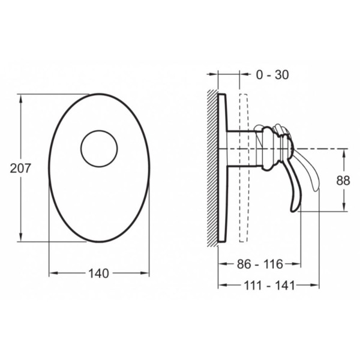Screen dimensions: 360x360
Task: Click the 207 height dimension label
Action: [x=20, y=168]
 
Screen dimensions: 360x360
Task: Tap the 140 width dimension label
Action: [x=99, y=274]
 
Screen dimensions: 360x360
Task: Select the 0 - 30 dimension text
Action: [x=272, y=74]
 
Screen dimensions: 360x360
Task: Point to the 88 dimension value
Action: [x=343, y=180]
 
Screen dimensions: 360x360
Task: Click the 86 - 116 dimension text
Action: [x=260, y=264]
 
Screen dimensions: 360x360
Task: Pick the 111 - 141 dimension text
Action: [x=269, y=286]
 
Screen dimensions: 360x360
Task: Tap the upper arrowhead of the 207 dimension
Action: [x=21, y=99]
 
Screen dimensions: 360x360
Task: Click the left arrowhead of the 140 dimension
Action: [x=53, y=273]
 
